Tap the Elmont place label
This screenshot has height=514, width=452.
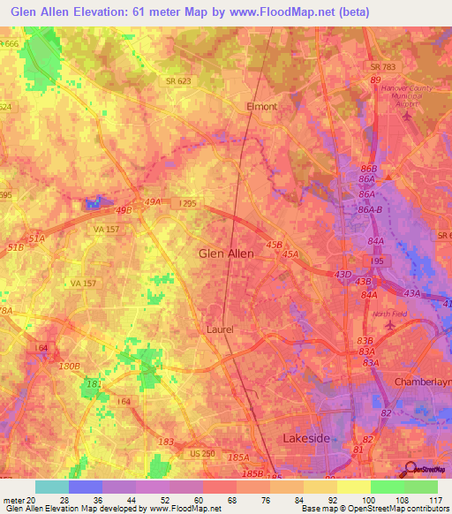(x=261, y=106)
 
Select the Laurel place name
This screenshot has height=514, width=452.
(x=221, y=329)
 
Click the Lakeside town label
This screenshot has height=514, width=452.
(x=307, y=438)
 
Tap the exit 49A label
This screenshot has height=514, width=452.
(x=154, y=202)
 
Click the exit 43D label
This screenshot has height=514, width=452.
(x=343, y=275)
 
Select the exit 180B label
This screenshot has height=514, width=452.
(x=67, y=366)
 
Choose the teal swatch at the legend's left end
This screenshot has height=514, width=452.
(x=52, y=487)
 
